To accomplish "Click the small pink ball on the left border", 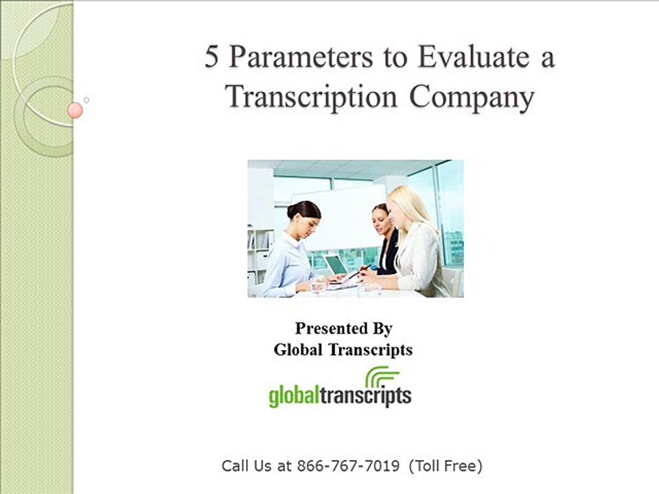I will (x=76, y=110).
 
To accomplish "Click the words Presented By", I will (x=343, y=328).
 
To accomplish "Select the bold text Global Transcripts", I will (x=343, y=350).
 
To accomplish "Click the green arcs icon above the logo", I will (x=382, y=377).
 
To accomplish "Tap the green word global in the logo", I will (x=294, y=396).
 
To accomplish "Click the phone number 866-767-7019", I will (x=348, y=467).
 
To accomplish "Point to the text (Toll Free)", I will (x=446, y=467).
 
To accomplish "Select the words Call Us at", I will (x=256, y=467).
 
